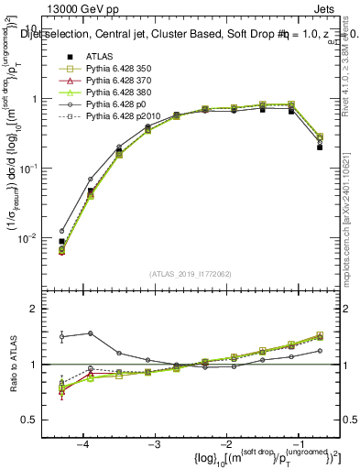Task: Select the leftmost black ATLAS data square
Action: point(61,241)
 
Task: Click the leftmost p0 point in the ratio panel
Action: point(61,336)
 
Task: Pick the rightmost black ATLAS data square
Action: point(320,147)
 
